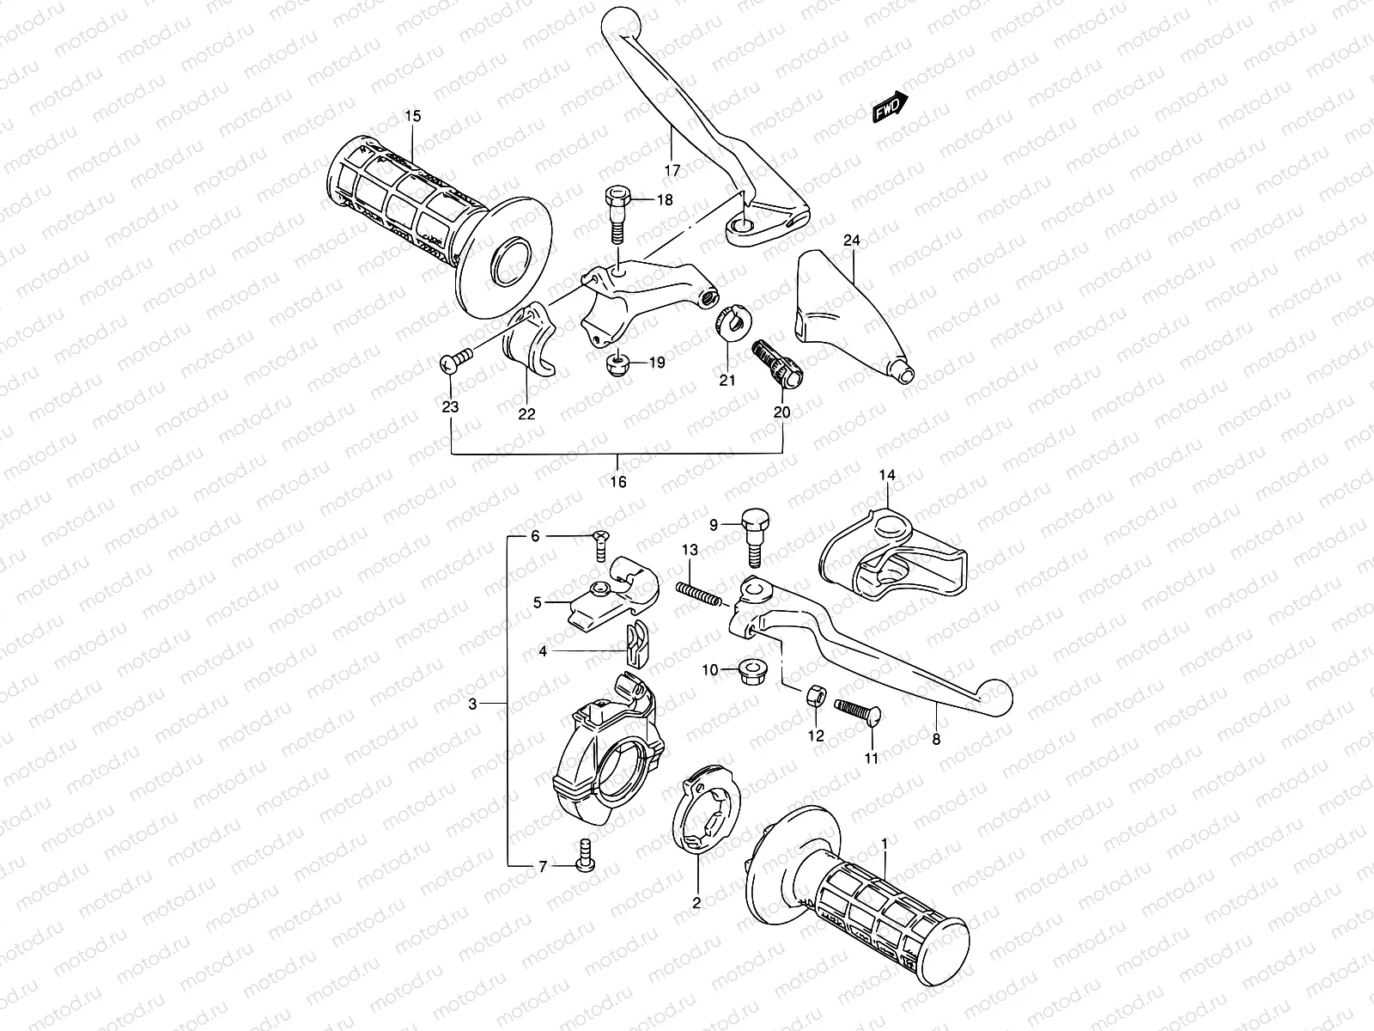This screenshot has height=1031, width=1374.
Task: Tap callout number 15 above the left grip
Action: pos(413,115)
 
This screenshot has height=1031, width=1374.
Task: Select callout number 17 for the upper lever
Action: pos(672,170)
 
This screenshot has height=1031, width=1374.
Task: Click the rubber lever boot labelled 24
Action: pos(850,314)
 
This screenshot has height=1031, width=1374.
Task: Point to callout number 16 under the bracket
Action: pos(618,482)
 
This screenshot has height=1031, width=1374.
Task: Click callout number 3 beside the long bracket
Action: pos(472,705)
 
